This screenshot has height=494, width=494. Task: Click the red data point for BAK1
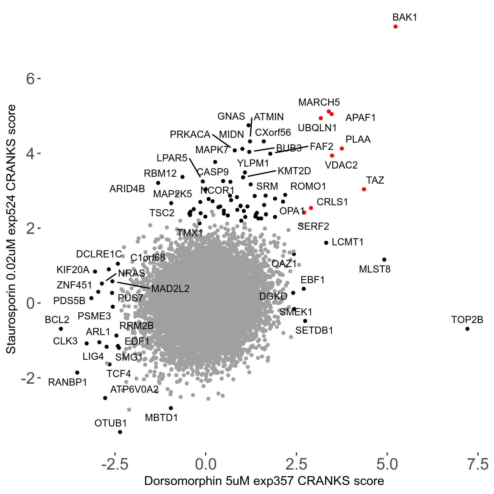pos(395,27)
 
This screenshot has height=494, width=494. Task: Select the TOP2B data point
pos(467,329)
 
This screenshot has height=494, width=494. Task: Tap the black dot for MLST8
pos(384,260)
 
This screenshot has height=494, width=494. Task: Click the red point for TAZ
pos(364,189)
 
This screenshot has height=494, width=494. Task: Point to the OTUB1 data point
pos(120,432)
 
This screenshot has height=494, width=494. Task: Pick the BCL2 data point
pos(61,329)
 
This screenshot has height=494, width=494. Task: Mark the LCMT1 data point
pos(326,243)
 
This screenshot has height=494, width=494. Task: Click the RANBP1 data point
pos(77,373)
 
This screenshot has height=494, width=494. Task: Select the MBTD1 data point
pos(171,408)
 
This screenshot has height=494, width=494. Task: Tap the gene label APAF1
pos(360,118)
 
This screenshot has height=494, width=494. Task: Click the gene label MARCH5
pos(319,102)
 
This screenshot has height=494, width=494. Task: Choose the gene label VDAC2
pos(341,165)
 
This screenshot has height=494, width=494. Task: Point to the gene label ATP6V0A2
pos(134,389)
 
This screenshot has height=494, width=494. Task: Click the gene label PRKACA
pos(190,134)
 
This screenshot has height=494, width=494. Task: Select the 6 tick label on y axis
pos(30,79)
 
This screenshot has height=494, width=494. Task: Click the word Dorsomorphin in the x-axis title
pos(183,481)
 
